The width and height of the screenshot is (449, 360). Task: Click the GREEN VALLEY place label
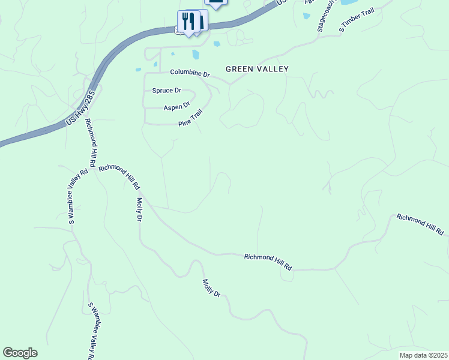[x=257, y=69]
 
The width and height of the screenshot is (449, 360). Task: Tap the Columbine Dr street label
[x=190, y=73]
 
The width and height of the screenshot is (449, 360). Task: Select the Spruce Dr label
[x=166, y=91]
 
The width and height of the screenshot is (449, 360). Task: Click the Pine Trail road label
[x=191, y=118]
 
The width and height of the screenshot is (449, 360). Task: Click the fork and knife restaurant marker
[x=190, y=22]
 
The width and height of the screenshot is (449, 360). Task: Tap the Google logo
[x=20, y=353]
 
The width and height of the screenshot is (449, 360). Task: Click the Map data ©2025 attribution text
[x=423, y=355]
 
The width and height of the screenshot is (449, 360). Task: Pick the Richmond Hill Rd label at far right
[x=420, y=224]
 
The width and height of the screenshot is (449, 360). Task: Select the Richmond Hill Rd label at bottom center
[x=268, y=262]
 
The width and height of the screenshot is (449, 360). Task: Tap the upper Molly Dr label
[x=139, y=209]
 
